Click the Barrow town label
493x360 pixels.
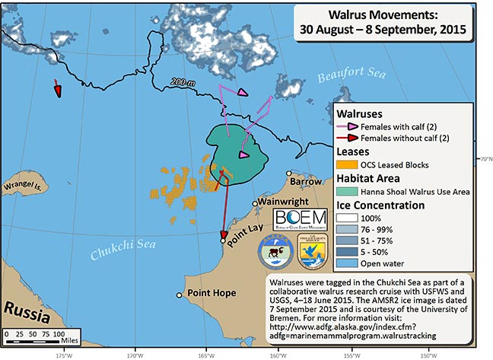point(307,182)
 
